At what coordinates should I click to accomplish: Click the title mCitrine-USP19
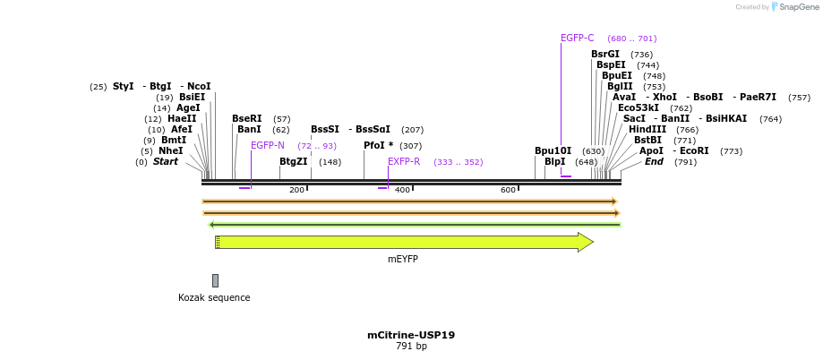click(x=411, y=335)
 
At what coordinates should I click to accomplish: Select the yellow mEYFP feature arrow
click(x=403, y=242)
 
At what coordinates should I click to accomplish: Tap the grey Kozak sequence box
click(x=215, y=280)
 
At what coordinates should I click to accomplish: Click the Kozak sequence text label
click(x=214, y=297)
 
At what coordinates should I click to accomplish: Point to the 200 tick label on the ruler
click(x=296, y=190)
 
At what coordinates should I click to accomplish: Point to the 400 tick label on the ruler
click(x=402, y=190)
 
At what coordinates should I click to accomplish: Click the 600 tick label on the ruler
click(x=508, y=190)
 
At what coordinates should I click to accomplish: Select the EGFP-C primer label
click(x=577, y=39)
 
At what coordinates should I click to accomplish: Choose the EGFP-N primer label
click(x=267, y=145)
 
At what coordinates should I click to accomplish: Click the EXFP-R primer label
click(x=403, y=162)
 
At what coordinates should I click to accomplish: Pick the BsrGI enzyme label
click(x=604, y=55)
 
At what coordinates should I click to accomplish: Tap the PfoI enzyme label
click(x=378, y=145)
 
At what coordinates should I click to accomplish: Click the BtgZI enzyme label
click(x=293, y=162)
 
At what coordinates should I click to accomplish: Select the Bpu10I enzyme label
click(x=553, y=150)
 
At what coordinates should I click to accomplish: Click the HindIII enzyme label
click(x=647, y=130)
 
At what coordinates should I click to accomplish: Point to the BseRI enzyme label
click(x=246, y=118)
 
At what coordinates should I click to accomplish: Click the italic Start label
click(x=165, y=162)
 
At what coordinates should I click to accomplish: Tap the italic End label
click(x=654, y=162)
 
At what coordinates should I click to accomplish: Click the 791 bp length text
click(x=411, y=347)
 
